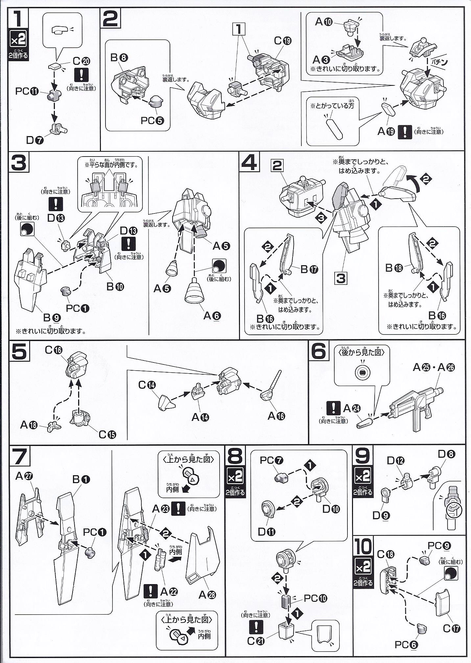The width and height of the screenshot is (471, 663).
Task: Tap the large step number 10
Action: click(363, 546)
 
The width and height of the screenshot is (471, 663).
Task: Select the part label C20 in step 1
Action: click(81, 61)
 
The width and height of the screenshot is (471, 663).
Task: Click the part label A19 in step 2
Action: click(386, 131)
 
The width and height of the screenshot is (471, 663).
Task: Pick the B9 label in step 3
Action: click(52, 317)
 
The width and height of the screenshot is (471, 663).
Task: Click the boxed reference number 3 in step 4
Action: click(341, 279)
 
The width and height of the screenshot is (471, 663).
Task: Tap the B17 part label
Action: click(309, 269)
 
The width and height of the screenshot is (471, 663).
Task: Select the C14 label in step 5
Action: click(147, 385)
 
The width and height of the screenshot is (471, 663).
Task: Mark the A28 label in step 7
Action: click(207, 594)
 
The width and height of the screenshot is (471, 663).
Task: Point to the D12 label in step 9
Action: click(395, 461)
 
